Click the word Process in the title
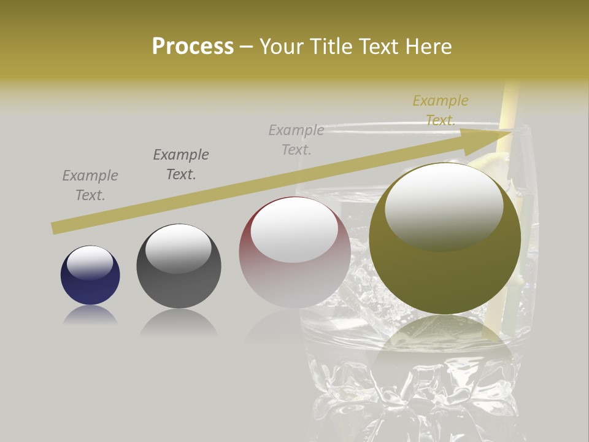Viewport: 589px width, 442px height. click(193, 47)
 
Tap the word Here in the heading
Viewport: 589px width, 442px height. click(428, 47)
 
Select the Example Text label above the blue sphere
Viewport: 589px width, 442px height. click(90, 185)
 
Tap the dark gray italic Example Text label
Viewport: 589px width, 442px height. click(181, 165)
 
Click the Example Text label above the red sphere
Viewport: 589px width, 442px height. click(296, 139)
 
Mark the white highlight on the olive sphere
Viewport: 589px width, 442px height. click(444, 206)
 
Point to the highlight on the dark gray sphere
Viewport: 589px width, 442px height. click(179, 247)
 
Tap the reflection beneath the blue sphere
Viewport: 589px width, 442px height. click(90, 316)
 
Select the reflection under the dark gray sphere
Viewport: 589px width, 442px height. click(179, 322)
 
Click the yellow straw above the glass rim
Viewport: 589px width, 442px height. click(509, 104)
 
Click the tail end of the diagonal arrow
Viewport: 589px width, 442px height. click(56, 228)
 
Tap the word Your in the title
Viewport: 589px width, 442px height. click(283, 47)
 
